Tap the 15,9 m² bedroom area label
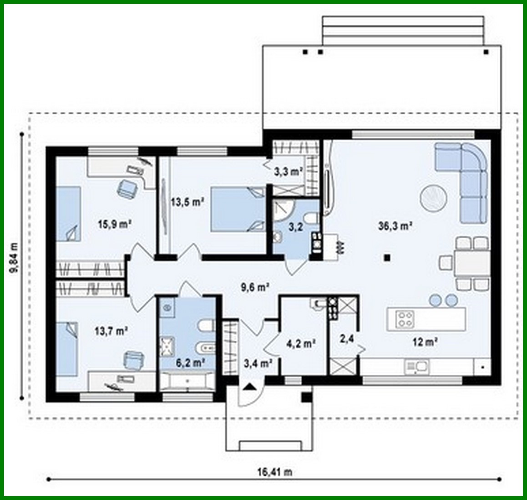pos(115,224)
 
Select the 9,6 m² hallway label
pos(255,287)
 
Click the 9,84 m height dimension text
pos(15,257)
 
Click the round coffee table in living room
pos(433,199)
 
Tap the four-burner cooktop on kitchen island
pos(405,319)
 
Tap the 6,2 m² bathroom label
pos(189,362)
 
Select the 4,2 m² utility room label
pos(301,343)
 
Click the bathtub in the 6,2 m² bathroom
pos(187,382)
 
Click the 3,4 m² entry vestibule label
pos(258,363)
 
